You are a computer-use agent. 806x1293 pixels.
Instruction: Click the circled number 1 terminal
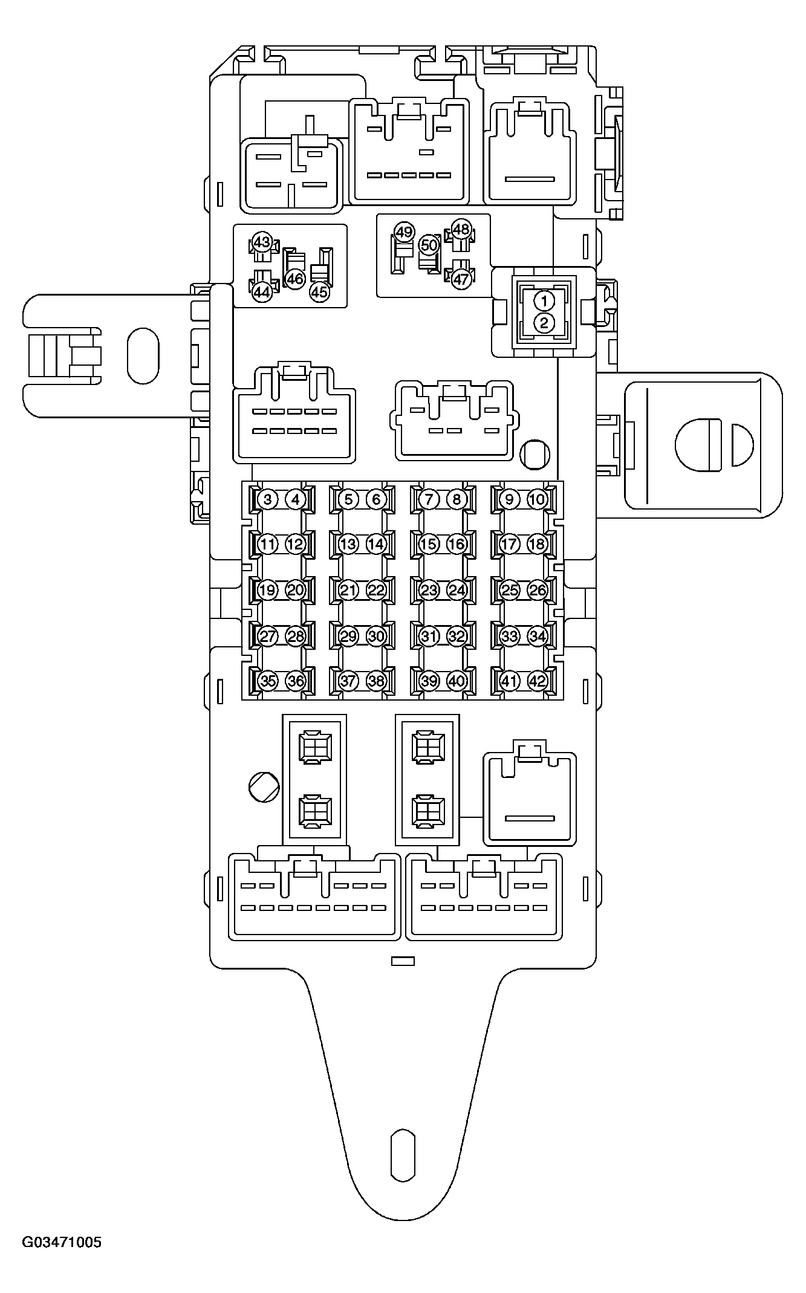coord(544,300)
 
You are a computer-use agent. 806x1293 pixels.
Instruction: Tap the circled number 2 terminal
coord(544,323)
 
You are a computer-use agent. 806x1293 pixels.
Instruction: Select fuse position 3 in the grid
coord(267,499)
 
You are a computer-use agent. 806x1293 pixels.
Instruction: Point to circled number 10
coord(537,499)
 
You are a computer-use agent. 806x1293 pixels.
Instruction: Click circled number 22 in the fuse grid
coord(375,590)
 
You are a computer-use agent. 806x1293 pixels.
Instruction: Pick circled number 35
coord(267,681)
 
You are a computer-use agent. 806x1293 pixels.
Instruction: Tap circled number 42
coord(537,681)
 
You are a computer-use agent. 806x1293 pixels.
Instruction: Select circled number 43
coord(261,242)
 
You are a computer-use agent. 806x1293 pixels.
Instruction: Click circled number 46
coord(294,279)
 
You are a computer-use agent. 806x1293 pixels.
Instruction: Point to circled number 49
coord(403,232)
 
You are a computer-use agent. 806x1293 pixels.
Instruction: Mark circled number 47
coord(461,279)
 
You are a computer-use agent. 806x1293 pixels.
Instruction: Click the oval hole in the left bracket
coord(143,355)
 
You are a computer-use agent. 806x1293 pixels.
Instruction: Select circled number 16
coord(456,544)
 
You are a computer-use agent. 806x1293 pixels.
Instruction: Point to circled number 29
coord(348,636)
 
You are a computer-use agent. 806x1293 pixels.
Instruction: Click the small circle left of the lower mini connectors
coord(264,787)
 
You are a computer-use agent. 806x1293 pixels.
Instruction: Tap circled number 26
coord(537,590)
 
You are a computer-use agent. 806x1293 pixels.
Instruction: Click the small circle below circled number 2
coord(535,455)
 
